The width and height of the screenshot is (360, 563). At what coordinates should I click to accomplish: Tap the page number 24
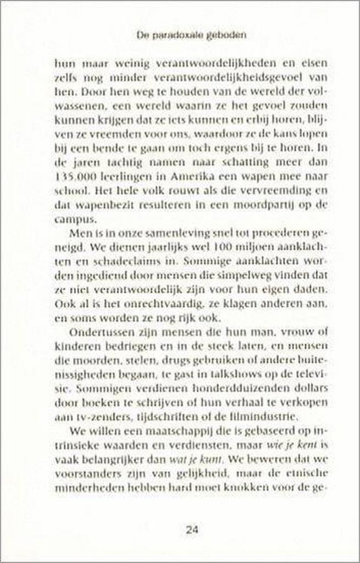[x=192, y=531]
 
